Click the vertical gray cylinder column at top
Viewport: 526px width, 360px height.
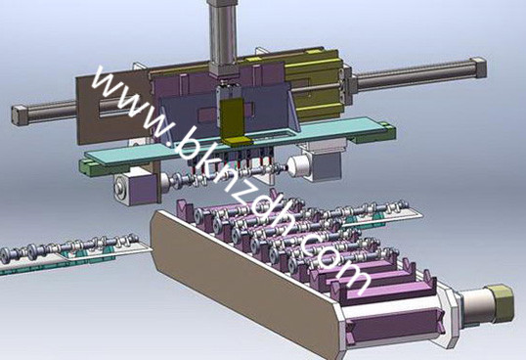pos(223,33)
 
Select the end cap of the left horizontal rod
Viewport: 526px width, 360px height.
pos(19,115)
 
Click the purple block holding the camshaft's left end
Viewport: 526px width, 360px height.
pos(143,190)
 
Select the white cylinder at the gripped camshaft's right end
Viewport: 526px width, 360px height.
pos(298,166)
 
